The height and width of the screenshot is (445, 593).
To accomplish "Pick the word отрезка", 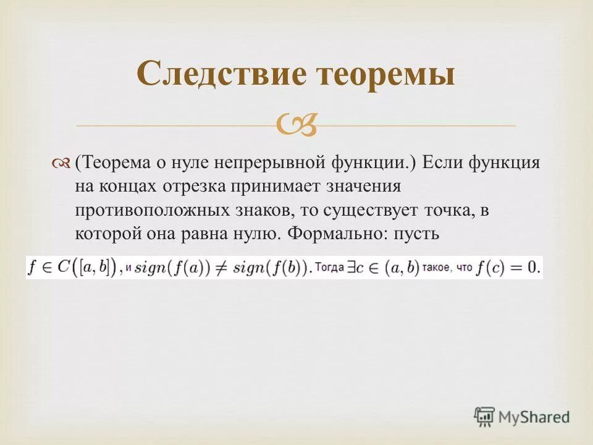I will [x=196, y=187].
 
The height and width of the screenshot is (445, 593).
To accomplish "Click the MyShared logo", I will [x=522, y=417].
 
